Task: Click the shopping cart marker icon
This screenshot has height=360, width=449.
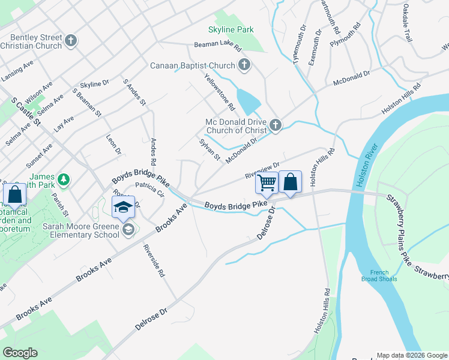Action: pos(267,182)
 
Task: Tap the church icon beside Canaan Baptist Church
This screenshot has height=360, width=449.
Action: pos(244,65)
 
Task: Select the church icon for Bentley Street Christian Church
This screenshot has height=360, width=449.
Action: pos(71,41)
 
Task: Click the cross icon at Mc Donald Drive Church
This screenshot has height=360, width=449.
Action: pos(276,125)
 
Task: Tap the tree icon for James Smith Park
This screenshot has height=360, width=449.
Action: pos(63,179)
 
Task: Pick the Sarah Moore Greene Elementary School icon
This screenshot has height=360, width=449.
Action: pos(127,229)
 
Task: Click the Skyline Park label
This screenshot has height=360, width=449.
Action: pos(231,29)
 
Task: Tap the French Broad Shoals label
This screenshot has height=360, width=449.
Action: pos(379,275)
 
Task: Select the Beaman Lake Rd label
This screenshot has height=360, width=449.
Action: pos(217,46)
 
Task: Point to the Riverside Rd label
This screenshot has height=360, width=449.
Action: pos(153,260)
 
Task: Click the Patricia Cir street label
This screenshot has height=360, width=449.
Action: pos(150,190)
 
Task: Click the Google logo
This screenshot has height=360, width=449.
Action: pos(20,353)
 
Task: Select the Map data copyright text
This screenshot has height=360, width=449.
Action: pos(412,355)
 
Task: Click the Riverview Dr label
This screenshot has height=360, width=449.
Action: pos(262,170)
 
